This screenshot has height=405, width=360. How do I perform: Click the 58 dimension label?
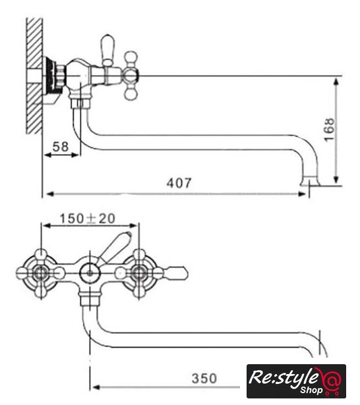point(61,147)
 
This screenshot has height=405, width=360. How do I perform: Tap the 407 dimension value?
point(179,183)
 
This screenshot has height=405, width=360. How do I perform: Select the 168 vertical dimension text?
point(329,130)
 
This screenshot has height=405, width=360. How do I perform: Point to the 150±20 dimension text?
point(88,219)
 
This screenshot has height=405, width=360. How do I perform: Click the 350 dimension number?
point(204,379)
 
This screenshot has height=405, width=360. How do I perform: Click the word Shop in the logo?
point(311,390)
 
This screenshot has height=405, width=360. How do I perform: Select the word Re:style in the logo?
point(284,378)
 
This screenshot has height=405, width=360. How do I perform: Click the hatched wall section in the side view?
point(34,76)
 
